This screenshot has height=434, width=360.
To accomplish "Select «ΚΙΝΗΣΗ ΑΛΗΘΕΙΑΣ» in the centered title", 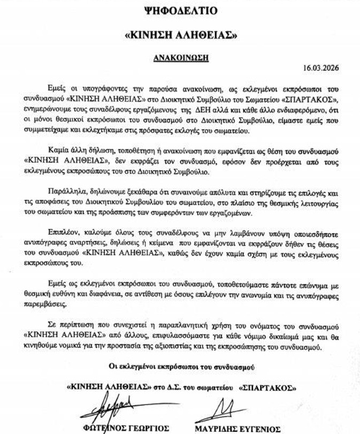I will pyautogui.click(x=180, y=34).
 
